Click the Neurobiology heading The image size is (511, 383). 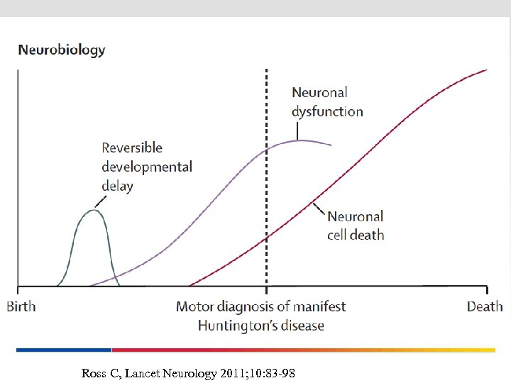(x=62, y=50)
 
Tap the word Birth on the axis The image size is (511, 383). (x=21, y=306)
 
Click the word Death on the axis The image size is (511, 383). (x=485, y=306)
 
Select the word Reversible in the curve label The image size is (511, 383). (x=132, y=148)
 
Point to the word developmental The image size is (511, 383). (x=147, y=167)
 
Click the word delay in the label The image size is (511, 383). (x=117, y=186)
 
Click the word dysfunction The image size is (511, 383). (x=327, y=111)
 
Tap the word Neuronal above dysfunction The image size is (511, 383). (x=320, y=92)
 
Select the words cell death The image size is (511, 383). (x=356, y=235)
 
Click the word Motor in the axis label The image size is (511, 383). (x=194, y=306)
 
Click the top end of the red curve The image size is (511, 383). (x=486, y=70)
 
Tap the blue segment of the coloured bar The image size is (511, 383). (x=64, y=350)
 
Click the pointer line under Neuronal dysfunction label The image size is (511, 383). (x=298, y=130)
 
